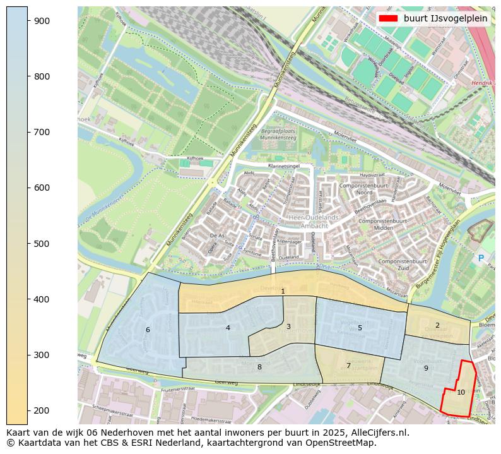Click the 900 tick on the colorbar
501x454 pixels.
point(28,21)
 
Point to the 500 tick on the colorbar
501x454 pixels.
point(28,243)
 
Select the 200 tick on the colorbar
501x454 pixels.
point(28,410)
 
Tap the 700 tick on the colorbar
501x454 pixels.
point(28,132)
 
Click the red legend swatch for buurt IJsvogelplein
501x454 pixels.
point(388,18)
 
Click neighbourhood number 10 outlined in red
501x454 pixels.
point(461,392)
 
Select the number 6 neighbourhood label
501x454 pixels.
point(148,330)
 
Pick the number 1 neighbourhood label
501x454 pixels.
point(283,291)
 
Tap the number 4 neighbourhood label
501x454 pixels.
point(228,328)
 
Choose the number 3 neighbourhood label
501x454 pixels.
point(288,326)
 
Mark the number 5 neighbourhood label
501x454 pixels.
point(360,328)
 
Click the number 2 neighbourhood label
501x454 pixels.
point(437,325)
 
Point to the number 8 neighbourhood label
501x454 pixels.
point(259,367)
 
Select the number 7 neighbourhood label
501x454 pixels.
point(348,366)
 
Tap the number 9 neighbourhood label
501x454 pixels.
point(426,368)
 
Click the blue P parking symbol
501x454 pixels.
point(481,258)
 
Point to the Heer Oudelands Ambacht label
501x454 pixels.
point(314,221)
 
